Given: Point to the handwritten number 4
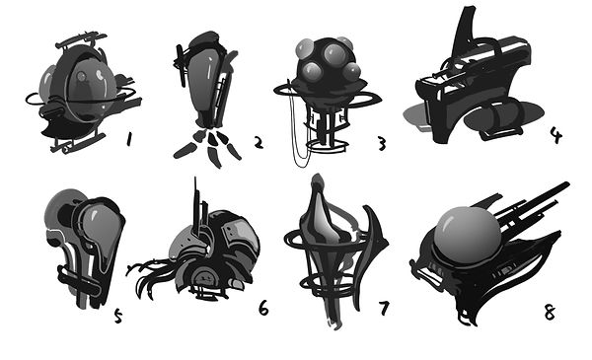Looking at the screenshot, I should pos(555,134).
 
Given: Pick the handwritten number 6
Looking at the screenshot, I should pos(263,308).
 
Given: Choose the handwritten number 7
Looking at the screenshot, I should pos(383,308).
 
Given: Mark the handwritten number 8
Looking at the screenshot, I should pos(549,312).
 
